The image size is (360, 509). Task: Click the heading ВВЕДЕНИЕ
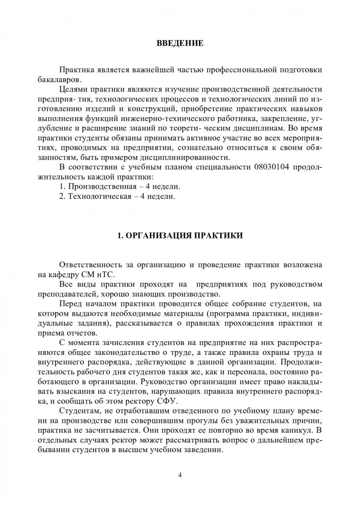[x=180, y=44]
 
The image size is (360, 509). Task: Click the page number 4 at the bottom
[x=180, y=474]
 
